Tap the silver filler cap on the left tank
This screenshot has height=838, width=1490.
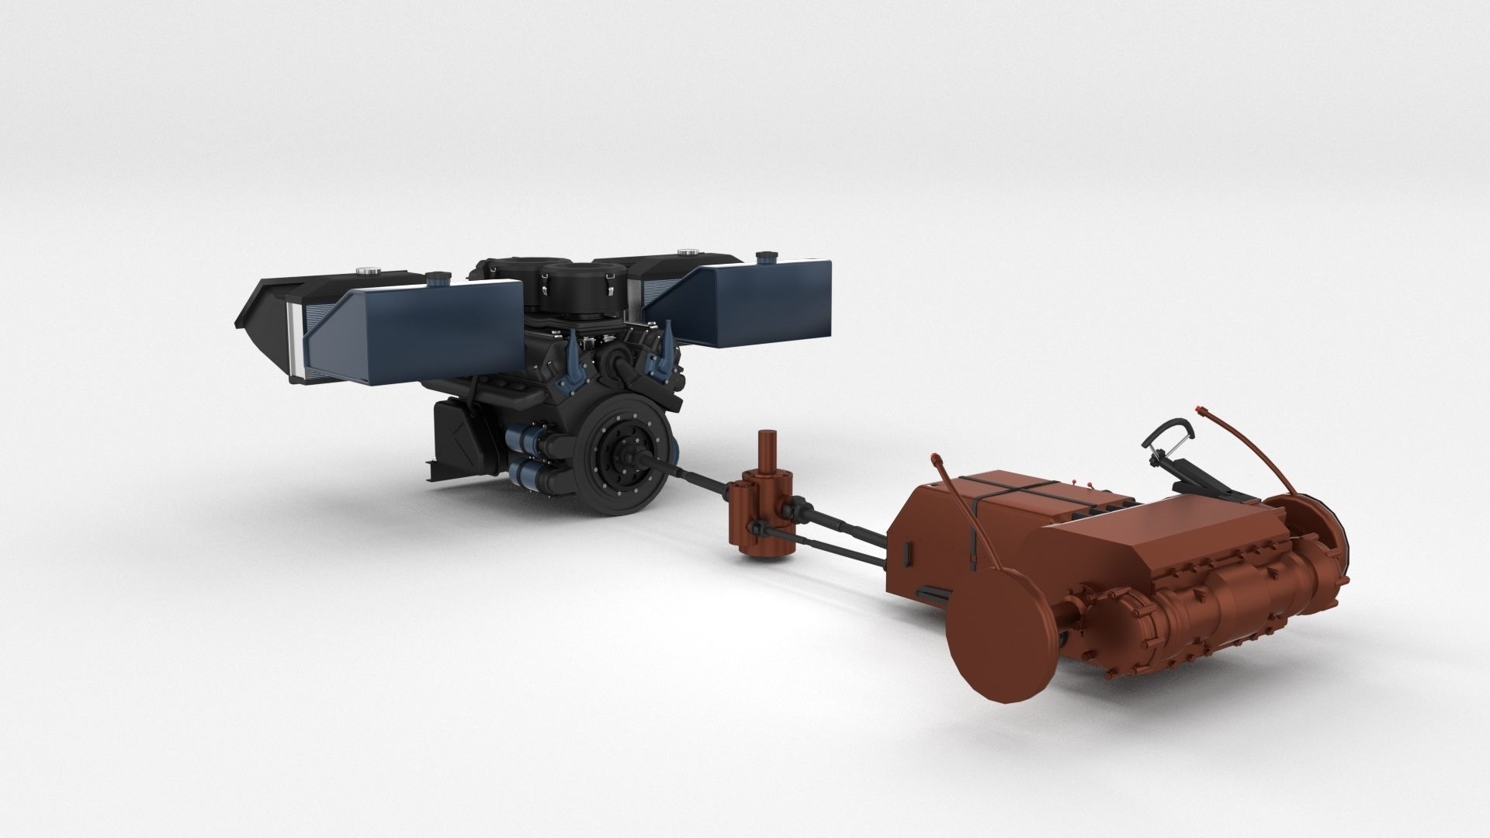(x=365, y=271)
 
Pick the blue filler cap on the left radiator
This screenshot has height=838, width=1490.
(x=435, y=277)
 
